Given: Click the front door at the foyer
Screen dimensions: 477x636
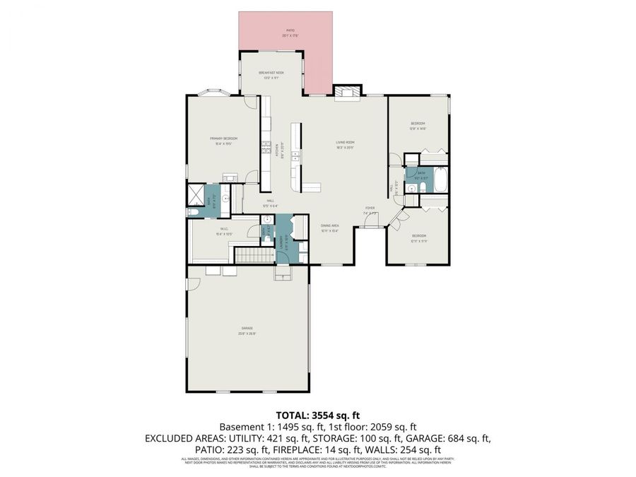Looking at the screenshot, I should click(x=370, y=226).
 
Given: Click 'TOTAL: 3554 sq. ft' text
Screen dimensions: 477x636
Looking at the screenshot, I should click(x=317, y=416).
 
